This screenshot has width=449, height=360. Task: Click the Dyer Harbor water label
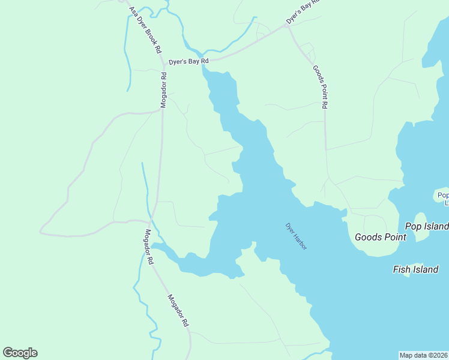tap(296, 236)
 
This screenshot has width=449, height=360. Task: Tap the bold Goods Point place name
tap(381, 237)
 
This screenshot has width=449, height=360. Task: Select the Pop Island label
tap(427, 226)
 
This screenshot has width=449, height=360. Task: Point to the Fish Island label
tap(415, 269)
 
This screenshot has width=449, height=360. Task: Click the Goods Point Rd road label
tap(321, 86)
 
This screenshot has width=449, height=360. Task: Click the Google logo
tap(20, 353)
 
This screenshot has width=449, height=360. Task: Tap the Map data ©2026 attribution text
tap(424, 355)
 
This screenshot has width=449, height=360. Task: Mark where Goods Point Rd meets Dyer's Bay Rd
tap(288, 27)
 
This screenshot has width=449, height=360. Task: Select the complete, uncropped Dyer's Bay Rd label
tap(188, 61)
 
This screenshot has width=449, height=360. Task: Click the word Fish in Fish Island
tap(402, 269)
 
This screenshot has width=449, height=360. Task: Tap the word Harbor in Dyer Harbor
tap(300, 241)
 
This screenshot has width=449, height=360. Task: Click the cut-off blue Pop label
tap(443, 195)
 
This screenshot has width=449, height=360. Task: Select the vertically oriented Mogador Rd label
tap(163, 90)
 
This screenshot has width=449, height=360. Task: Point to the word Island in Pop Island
tap(436, 226)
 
